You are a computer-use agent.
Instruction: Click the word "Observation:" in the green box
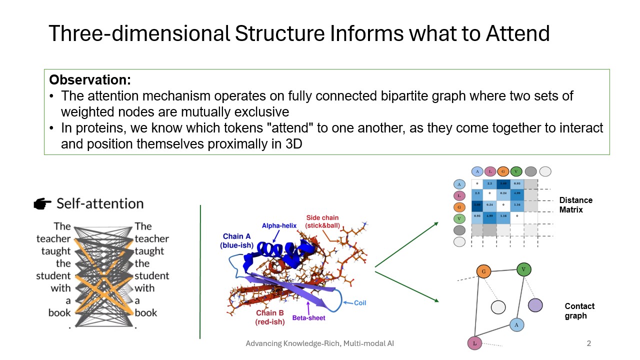coord(90,80)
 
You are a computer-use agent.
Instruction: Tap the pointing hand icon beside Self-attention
coord(42,203)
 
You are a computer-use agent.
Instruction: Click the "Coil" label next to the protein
coord(360,302)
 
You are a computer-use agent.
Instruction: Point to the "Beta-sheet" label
coord(309,317)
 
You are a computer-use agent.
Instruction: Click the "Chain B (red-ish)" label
coord(270,317)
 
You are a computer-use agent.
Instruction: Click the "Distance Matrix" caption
coord(575,205)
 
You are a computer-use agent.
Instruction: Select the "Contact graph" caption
coord(579,311)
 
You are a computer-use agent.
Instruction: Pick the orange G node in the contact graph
coord(483,271)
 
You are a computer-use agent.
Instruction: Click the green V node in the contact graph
coord(523,269)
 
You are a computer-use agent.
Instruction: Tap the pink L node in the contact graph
coord(473,343)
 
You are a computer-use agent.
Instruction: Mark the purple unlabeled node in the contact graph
coord(535,304)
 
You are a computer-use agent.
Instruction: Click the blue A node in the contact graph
coord(516,324)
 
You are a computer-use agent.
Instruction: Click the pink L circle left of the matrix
coord(459,195)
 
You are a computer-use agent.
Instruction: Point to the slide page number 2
coord(588,343)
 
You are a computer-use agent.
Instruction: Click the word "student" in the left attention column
coord(53,275)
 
